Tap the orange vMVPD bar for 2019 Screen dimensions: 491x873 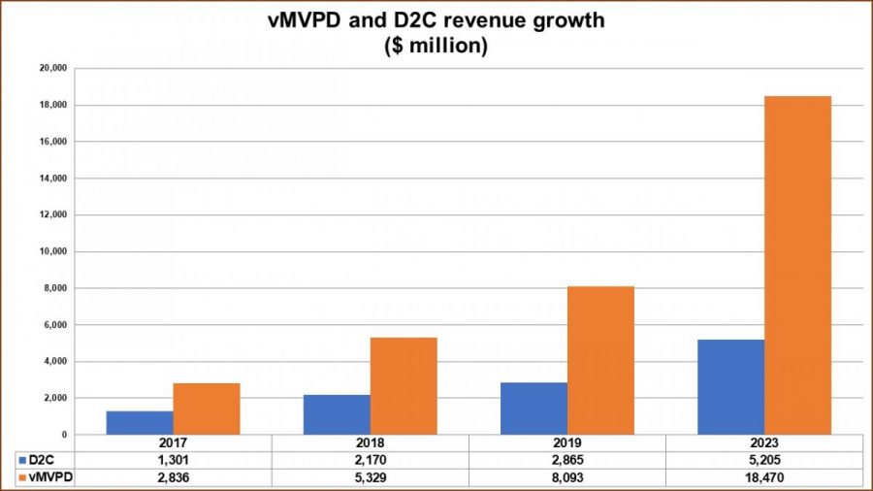coord(600,360)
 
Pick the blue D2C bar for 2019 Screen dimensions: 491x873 coord(534,409)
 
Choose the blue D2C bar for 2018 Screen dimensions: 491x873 coord(337,414)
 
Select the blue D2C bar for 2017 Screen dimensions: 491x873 coord(140,423)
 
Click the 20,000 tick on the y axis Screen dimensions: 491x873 coord(51,69)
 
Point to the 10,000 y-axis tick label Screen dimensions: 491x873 coord(51,251)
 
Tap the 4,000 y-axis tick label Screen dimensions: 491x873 coord(54,362)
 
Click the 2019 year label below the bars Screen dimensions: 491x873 coord(567,442)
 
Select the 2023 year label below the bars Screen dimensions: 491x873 coord(764,442)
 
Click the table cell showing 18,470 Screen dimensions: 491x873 coord(764,476)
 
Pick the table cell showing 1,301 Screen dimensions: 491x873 coord(173,459)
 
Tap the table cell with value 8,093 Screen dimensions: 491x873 coord(567,476)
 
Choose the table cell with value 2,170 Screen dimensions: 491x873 coord(370,459)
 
